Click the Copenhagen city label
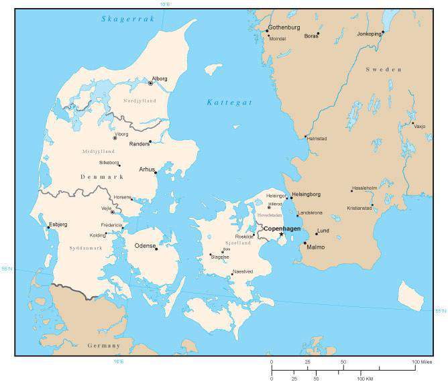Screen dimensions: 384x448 pyautogui.click(x=282, y=229)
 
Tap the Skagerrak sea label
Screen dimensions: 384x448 pyautogui.click(x=128, y=19)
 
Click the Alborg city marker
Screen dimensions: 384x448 pyautogui.click(x=150, y=83)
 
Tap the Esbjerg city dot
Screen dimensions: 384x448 pyautogui.click(x=48, y=227)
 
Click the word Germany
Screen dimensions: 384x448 pyautogui.click(x=104, y=345)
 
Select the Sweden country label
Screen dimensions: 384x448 pyautogui.click(x=384, y=70)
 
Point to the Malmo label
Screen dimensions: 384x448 pyautogui.click(x=315, y=247)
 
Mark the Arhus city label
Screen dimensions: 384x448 pyautogui.click(x=146, y=169)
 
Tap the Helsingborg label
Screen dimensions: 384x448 pyautogui.click(x=306, y=194)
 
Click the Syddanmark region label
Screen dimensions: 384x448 pyautogui.click(x=85, y=248)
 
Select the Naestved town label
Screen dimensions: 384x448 pyautogui.click(x=242, y=271)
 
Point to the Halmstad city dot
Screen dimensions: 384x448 pyautogui.click(x=306, y=137)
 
